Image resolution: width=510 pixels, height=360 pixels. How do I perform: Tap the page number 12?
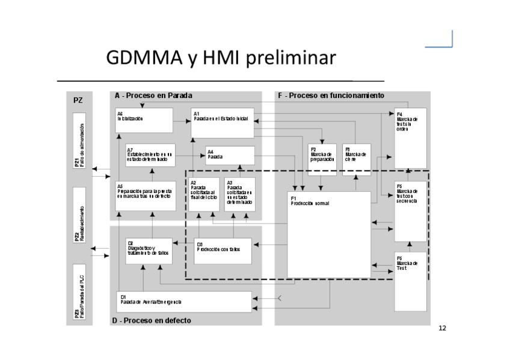click(443, 328)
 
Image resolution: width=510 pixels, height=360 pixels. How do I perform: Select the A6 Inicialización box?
click(144, 120)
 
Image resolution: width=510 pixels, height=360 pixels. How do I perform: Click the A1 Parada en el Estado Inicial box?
click(223, 123)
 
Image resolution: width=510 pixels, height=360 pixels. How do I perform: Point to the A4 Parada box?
click(230, 156)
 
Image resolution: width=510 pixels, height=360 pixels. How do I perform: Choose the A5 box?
click(146, 195)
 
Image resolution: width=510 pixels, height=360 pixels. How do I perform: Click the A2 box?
click(204, 194)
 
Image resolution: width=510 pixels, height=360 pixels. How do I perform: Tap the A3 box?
click(239, 194)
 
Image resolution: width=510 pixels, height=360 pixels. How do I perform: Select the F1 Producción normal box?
click(328, 234)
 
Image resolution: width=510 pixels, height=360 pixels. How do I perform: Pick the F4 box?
click(410, 138)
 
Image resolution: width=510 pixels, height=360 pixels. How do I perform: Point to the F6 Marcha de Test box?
click(410, 281)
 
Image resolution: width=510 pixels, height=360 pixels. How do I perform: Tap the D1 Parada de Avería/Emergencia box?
click(183, 302)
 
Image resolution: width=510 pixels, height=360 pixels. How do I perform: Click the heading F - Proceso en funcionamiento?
click(331, 96)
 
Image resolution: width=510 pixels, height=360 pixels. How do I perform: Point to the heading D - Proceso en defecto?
click(152, 320)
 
